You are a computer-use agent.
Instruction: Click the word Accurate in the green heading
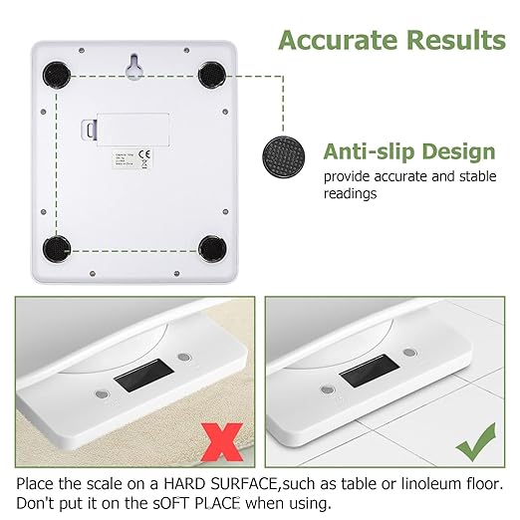tap(336, 41)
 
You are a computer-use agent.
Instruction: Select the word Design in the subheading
tap(457, 152)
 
